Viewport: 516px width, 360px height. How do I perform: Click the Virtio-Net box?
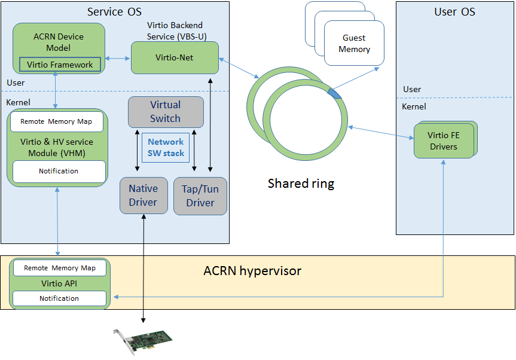click(175, 57)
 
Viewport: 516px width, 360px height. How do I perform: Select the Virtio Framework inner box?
click(60, 65)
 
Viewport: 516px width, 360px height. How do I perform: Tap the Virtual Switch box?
click(166, 112)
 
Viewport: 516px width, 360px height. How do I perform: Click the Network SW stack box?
click(166, 148)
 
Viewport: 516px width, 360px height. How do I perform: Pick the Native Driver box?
click(144, 196)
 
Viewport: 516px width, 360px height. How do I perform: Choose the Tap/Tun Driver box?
click(200, 196)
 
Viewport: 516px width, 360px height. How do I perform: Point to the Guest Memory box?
click(354, 43)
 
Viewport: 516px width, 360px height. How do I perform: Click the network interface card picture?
click(142, 341)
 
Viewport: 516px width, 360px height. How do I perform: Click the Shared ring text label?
click(301, 184)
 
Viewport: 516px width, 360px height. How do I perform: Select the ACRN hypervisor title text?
click(252, 271)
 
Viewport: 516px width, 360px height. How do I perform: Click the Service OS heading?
click(114, 12)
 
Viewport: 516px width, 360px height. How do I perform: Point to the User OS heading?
click(454, 12)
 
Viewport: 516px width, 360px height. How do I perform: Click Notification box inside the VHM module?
click(59, 172)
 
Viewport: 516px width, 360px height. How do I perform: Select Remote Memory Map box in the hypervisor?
click(60, 268)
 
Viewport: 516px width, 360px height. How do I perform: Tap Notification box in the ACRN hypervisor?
click(59, 298)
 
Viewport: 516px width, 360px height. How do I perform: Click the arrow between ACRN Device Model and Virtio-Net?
click(118, 59)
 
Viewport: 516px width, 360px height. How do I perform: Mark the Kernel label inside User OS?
click(414, 106)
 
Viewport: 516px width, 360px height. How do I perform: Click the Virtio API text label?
click(59, 283)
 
